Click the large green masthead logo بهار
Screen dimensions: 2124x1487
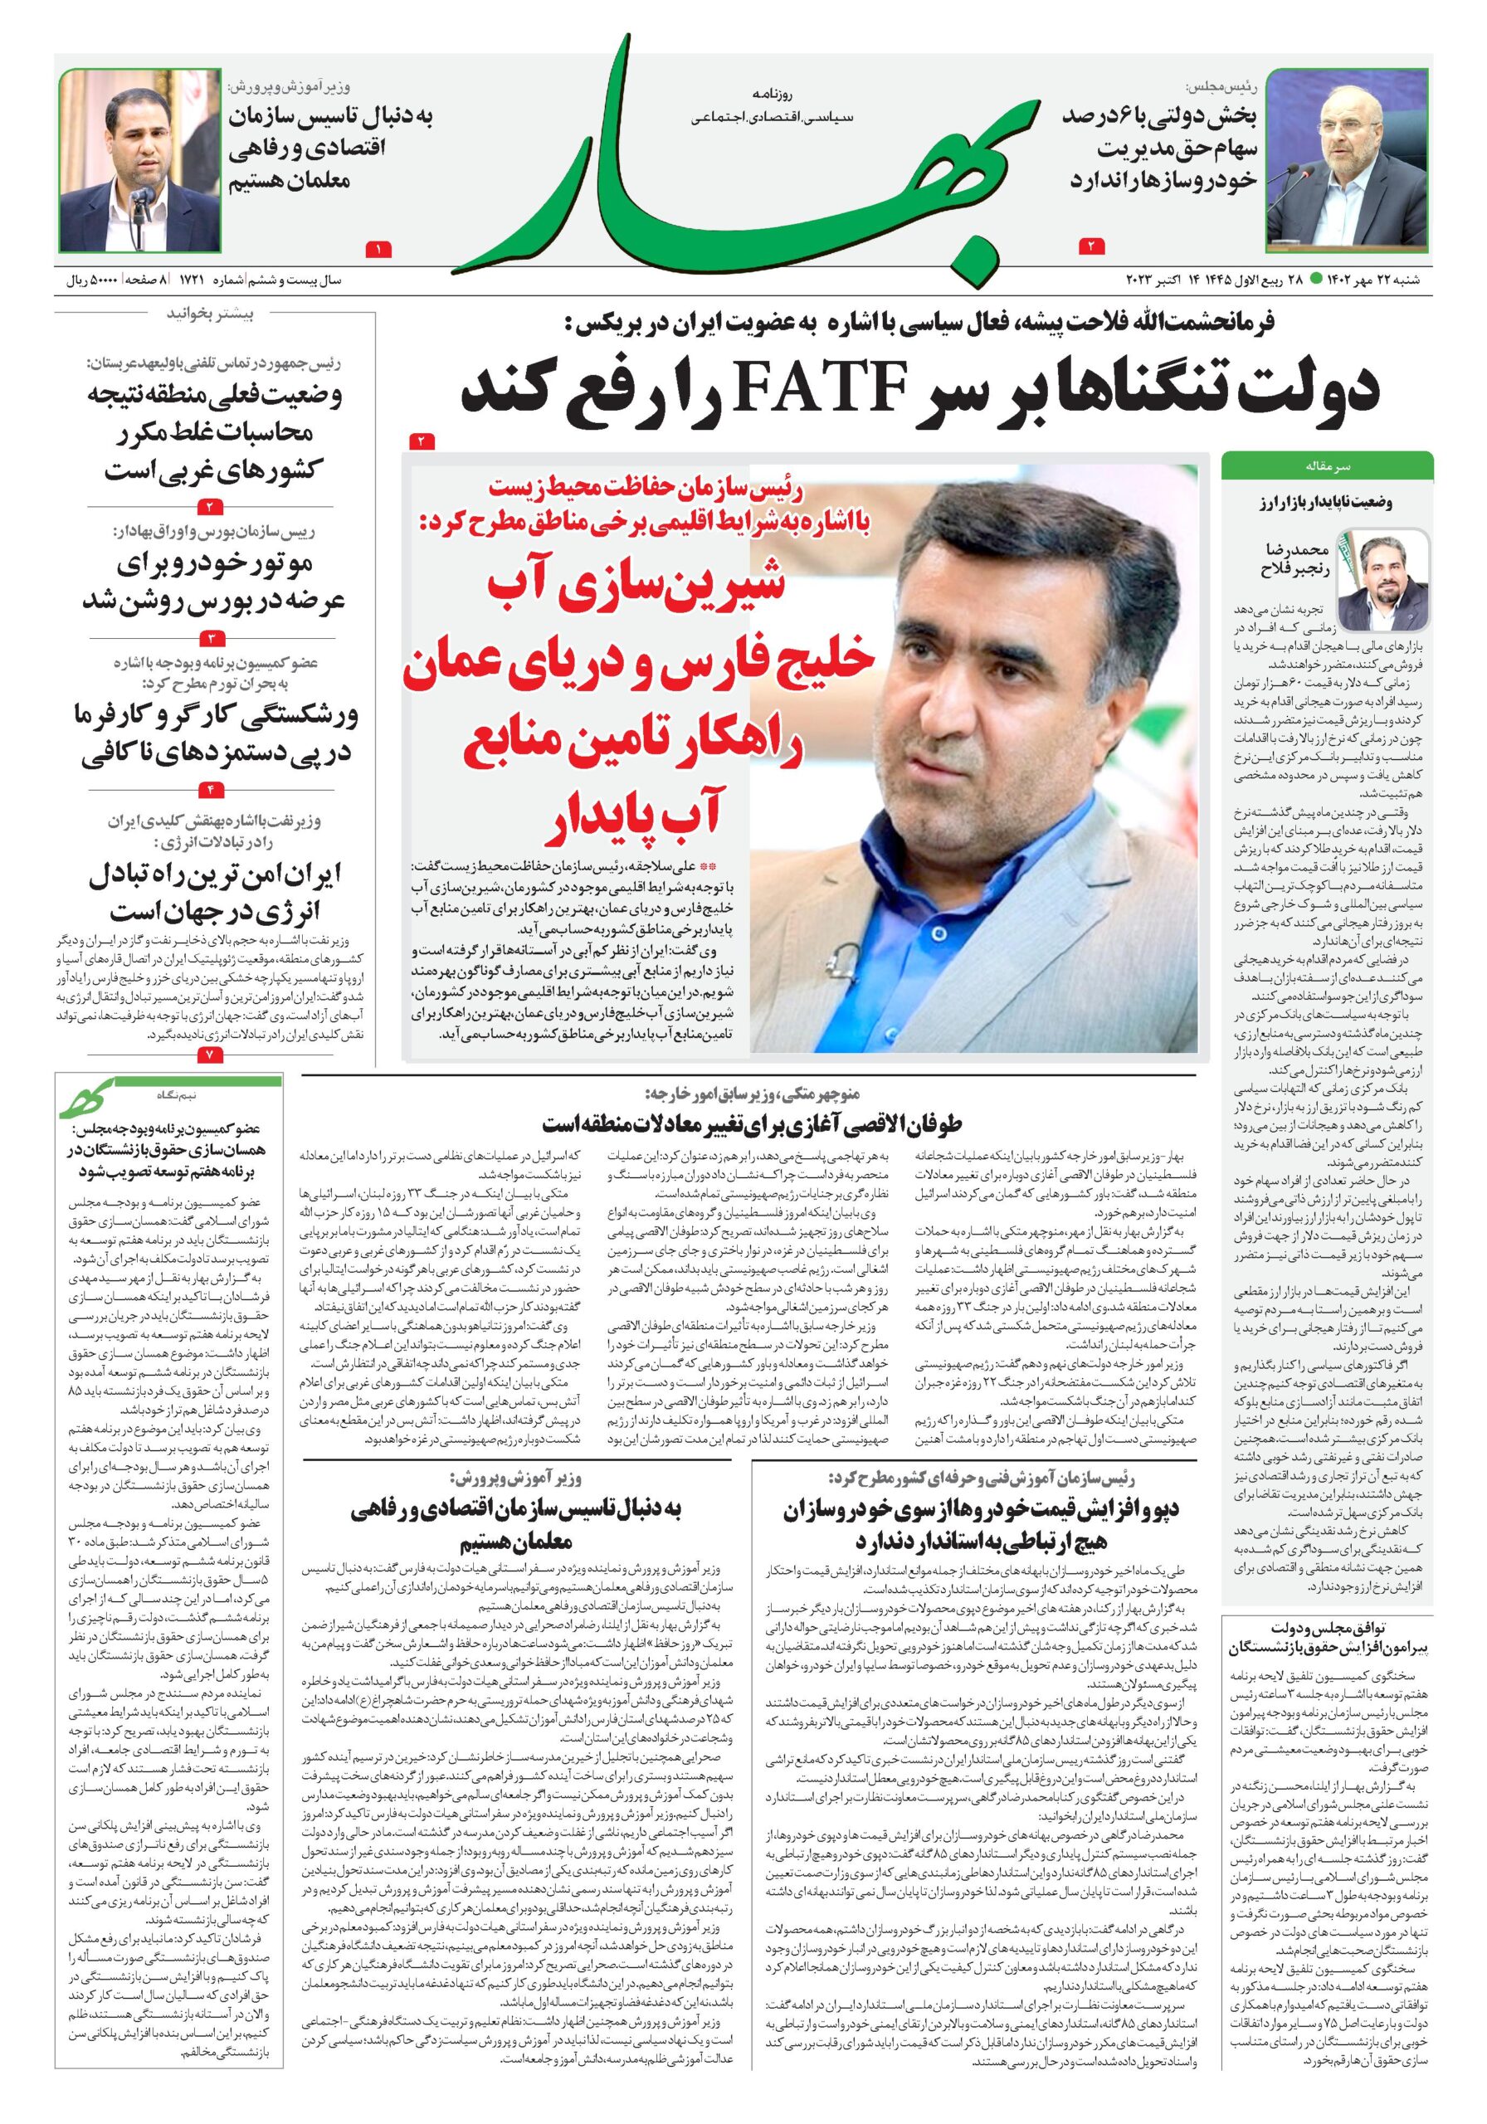[740, 176]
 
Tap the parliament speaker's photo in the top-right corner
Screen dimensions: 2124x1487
[1347, 159]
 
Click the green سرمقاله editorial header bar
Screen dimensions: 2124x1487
[1327, 465]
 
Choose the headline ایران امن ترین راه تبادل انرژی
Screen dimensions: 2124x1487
[216, 893]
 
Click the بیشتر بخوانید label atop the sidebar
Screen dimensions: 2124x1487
[208, 314]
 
